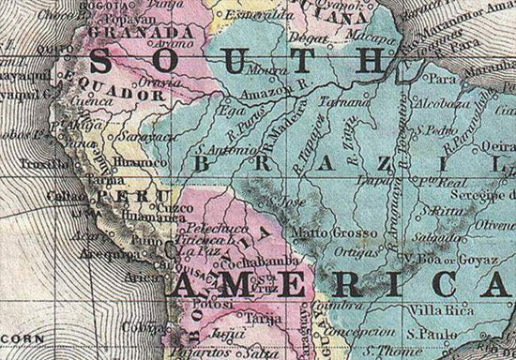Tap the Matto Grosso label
tap(318, 230)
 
